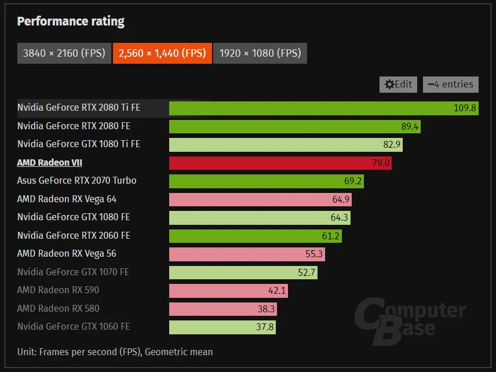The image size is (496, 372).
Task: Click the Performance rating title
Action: [71, 22]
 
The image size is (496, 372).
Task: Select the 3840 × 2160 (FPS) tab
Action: [64, 53]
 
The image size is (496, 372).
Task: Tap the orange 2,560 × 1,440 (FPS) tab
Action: [162, 53]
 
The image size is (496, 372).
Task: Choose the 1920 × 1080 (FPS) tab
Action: [260, 53]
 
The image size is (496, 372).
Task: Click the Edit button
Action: [399, 84]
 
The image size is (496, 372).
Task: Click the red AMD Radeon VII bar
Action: [280, 163]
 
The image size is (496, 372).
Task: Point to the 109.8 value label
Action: [465, 108]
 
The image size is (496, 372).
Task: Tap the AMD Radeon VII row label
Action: [50, 163]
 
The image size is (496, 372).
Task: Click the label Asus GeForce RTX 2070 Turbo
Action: [77, 180]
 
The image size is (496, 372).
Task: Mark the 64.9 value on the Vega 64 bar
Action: [340, 199]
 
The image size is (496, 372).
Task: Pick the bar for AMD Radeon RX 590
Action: [228, 290]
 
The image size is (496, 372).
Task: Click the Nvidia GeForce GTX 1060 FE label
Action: [74, 326]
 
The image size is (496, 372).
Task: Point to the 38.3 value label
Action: [266, 309]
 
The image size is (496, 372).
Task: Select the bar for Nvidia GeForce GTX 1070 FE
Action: [243, 272]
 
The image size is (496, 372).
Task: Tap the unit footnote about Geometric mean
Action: [115, 352]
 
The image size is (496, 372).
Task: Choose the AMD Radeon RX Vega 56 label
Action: [67, 253]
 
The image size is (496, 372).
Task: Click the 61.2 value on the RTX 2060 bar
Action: [330, 236]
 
